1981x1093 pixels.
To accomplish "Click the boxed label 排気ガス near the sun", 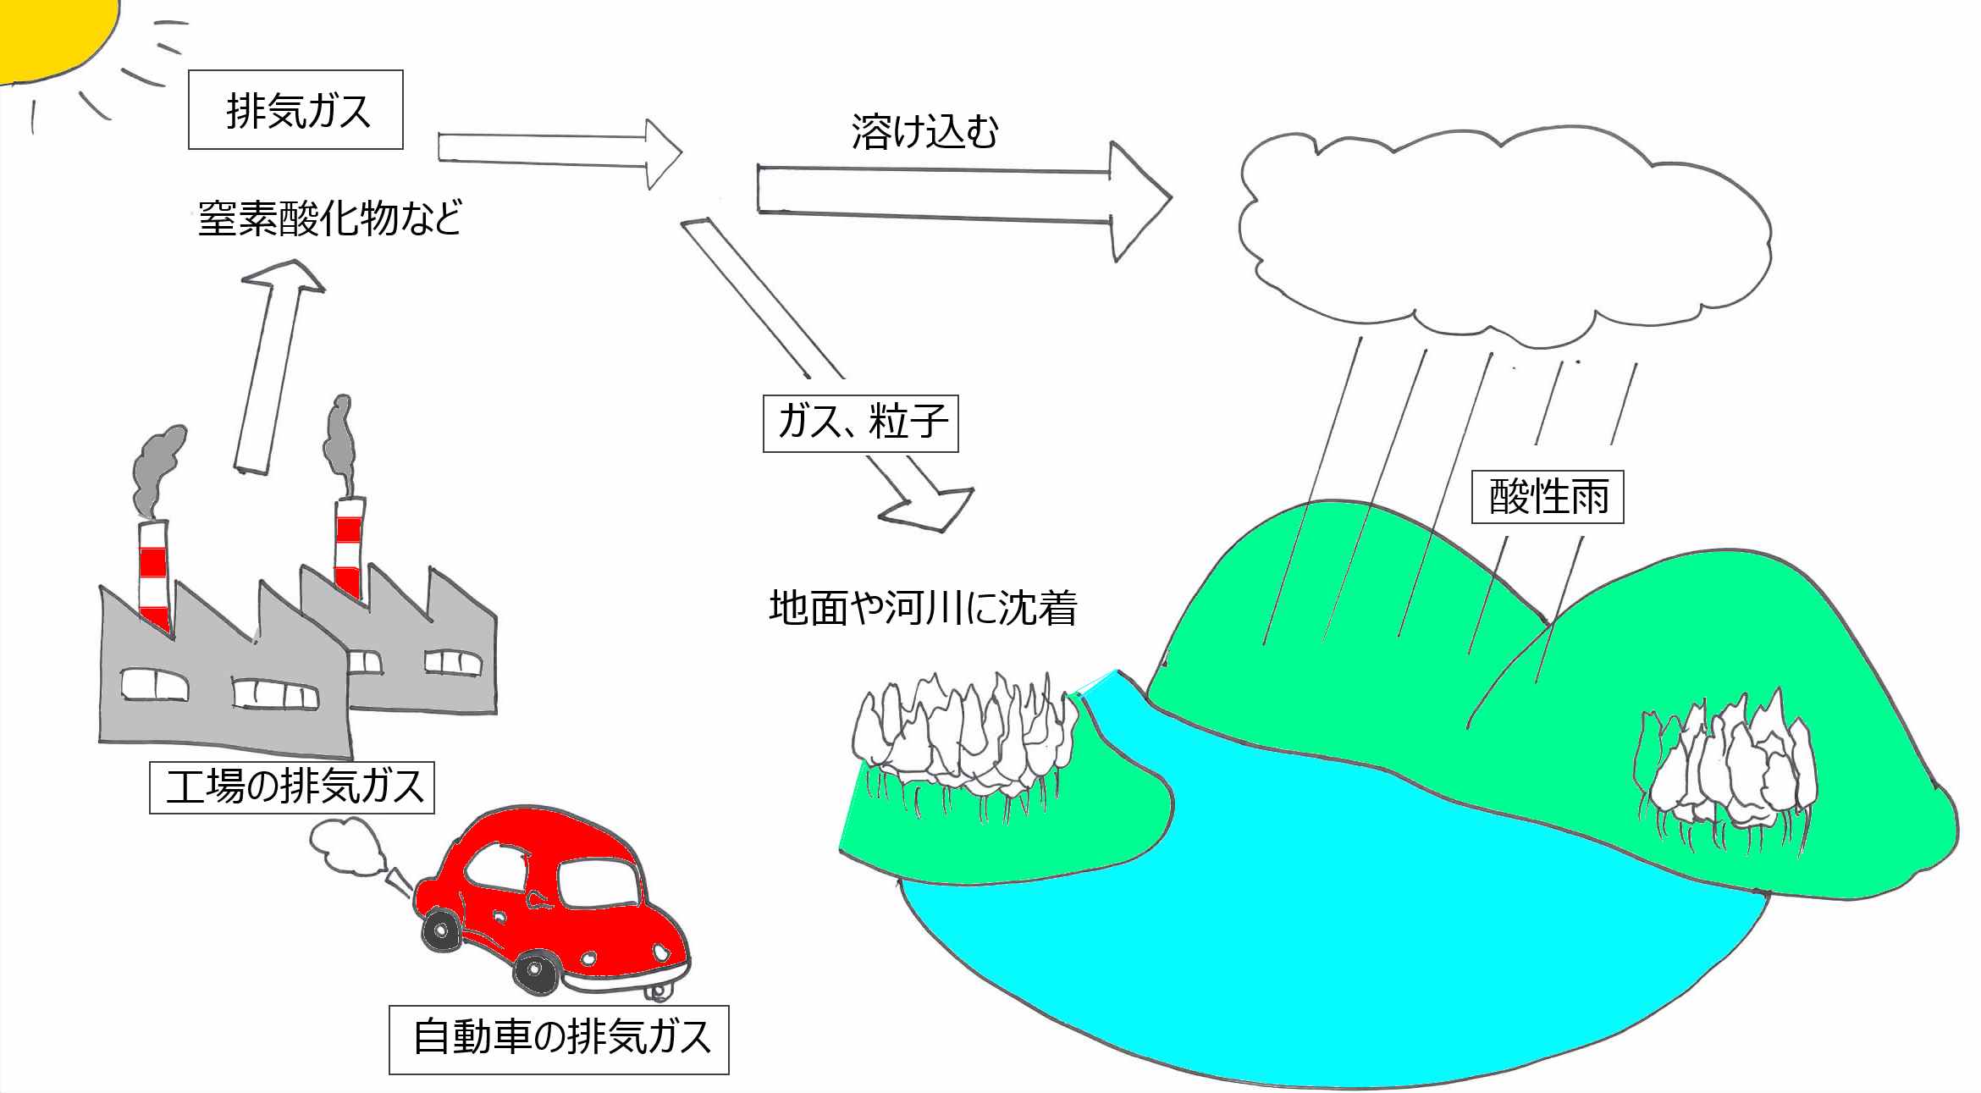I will (x=295, y=111).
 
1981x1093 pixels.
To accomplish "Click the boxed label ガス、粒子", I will (x=860, y=422).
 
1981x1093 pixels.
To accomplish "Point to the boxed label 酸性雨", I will (x=1547, y=496).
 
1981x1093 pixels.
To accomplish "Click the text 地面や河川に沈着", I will (x=922, y=608).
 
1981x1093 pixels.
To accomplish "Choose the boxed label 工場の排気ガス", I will (x=292, y=787).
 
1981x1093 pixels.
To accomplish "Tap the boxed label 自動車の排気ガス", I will (x=559, y=1038).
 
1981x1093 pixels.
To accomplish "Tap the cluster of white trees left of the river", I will (x=965, y=737).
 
